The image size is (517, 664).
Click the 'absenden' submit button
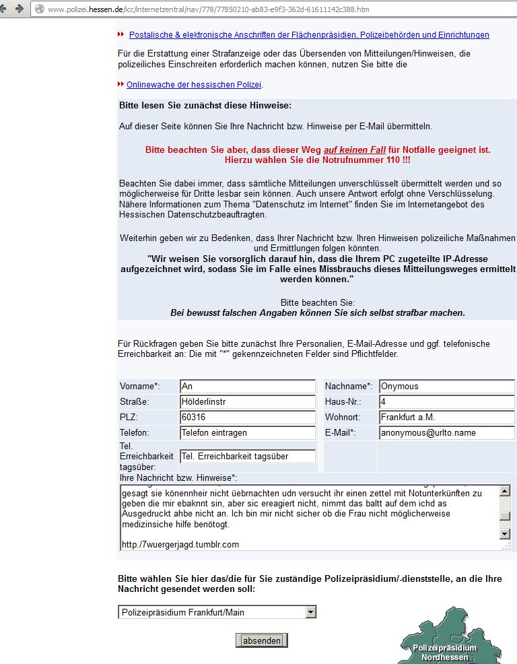[x=261, y=640]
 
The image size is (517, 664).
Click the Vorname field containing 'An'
[x=247, y=387]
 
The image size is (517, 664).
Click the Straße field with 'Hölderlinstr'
[x=247, y=402]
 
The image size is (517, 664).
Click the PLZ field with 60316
[x=247, y=418]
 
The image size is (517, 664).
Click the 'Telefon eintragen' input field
[x=247, y=433]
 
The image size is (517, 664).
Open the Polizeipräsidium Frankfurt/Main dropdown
[x=217, y=612]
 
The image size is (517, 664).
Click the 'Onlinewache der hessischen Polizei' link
[x=194, y=85]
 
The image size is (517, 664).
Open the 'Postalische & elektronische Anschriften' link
[x=309, y=35]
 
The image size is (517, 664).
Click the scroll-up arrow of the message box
[x=505, y=492]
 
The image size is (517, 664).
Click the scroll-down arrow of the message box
[x=505, y=534]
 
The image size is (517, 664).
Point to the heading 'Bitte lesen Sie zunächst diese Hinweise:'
[x=205, y=106]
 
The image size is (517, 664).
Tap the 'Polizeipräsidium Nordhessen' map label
[x=444, y=652]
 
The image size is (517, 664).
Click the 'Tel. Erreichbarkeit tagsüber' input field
[x=247, y=456]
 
